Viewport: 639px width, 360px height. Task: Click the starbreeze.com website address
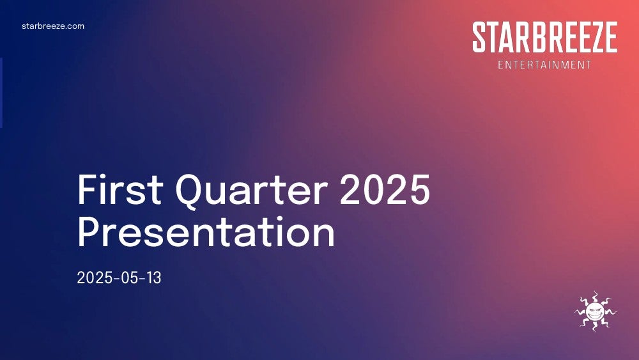pyautogui.click(x=53, y=26)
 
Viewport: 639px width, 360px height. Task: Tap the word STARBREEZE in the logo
pyautogui.click(x=545, y=37)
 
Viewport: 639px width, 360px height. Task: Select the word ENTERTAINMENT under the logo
pyautogui.click(x=544, y=65)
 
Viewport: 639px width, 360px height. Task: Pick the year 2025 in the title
pyautogui.click(x=385, y=189)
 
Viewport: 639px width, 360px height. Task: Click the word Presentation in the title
pyautogui.click(x=206, y=231)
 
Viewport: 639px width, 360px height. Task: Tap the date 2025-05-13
pyautogui.click(x=119, y=278)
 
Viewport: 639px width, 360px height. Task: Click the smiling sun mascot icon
pyautogui.click(x=596, y=311)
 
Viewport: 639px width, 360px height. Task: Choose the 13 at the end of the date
pyautogui.click(x=154, y=278)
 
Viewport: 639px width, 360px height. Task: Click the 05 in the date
pyautogui.click(x=130, y=278)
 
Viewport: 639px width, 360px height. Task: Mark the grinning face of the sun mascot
pyautogui.click(x=596, y=311)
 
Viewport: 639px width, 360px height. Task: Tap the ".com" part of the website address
pyautogui.click(x=76, y=26)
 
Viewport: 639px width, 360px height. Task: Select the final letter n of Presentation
pyautogui.click(x=324, y=235)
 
